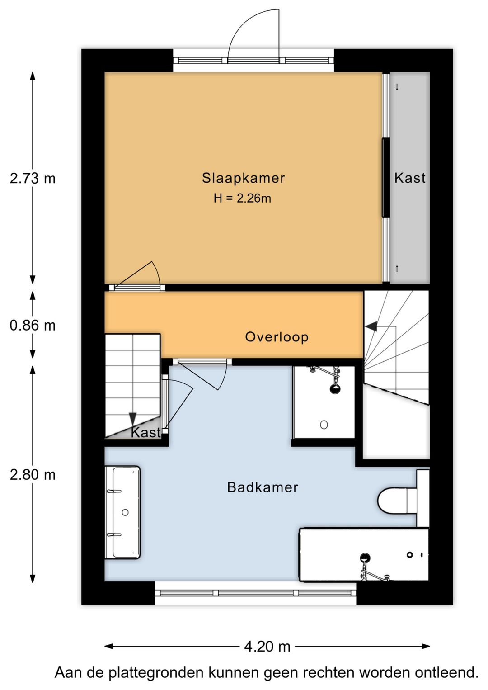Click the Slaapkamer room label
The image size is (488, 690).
click(x=243, y=178)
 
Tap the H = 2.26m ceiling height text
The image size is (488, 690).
click(x=242, y=198)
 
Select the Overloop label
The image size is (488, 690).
click(x=277, y=337)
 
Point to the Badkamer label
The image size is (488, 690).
click(x=263, y=487)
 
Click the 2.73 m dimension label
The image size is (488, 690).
click(x=33, y=179)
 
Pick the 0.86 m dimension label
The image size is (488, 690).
click(x=33, y=326)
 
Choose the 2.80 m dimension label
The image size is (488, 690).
click(x=33, y=475)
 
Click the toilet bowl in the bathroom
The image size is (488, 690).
click(x=393, y=501)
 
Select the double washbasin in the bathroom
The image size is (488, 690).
click(x=122, y=512)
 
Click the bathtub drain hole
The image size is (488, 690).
click(x=409, y=555)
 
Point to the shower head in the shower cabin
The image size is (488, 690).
click(x=335, y=389)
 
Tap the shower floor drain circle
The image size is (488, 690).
click(x=324, y=425)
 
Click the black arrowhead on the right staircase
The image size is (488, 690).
click(x=371, y=326)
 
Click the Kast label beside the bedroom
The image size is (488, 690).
click(x=410, y=178)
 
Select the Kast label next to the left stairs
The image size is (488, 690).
click(x=145, y=432)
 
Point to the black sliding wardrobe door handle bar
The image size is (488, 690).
click(x=385, y=178)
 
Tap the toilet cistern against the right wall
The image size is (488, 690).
click(x=423, y=498)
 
